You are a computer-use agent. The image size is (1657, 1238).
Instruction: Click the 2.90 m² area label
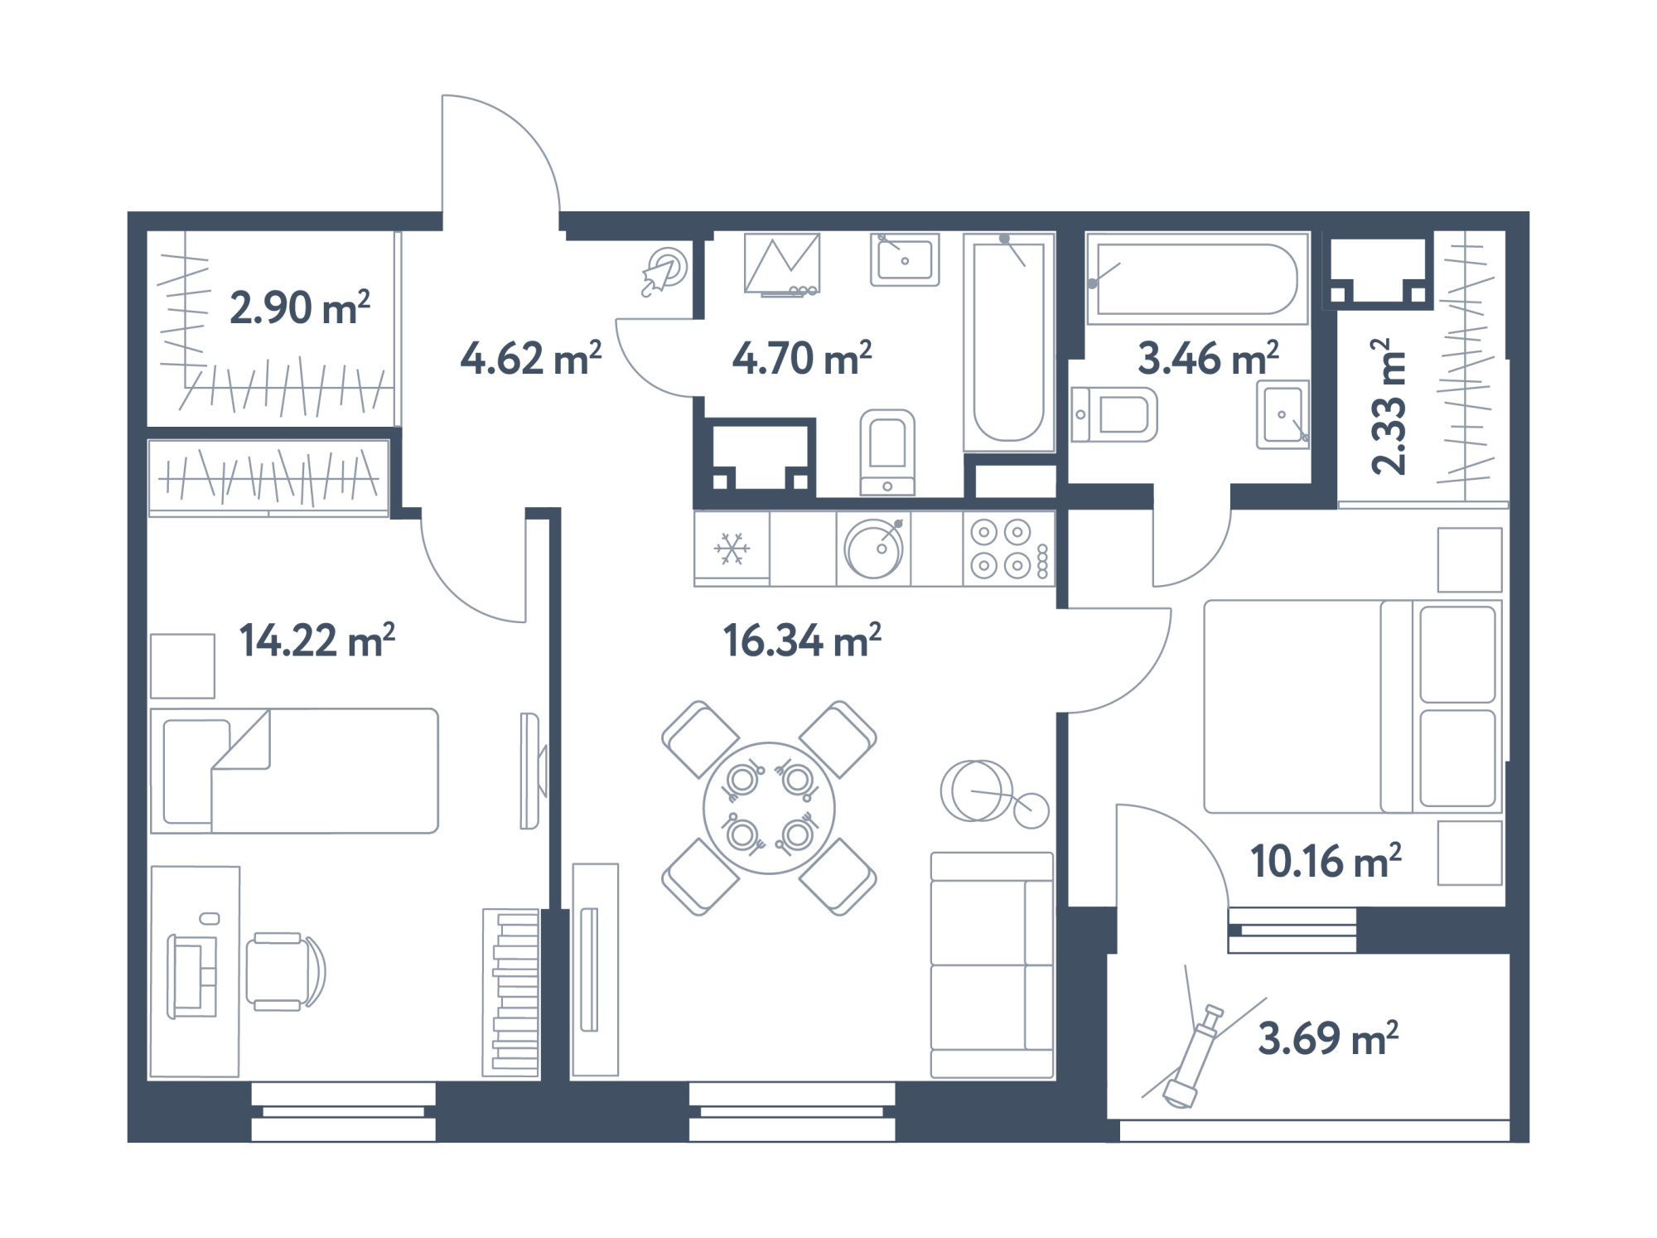click(300, 307)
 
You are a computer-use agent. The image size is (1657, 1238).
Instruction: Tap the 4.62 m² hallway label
click(531, 359)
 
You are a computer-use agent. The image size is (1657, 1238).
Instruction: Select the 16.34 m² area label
click(802, 641)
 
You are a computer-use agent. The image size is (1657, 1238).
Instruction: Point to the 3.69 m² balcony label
click(1328, 1038)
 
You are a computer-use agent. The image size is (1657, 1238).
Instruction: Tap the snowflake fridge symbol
click(732, 549)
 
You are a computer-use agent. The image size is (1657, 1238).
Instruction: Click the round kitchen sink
click(874, 548)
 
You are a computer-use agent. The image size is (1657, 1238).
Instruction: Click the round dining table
click(769, 808)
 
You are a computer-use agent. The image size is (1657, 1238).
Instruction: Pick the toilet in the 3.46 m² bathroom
click(1114, 413)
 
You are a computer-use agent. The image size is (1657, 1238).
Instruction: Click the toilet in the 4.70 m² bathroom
click(887, 452)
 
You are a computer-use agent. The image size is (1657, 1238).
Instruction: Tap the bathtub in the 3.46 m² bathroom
click(1197, 278)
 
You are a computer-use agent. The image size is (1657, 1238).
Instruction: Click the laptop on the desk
click(192, 976)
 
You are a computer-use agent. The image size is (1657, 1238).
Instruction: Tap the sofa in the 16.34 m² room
click(992, 965)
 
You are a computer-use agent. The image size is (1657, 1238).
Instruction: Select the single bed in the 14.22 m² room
click(294, 771)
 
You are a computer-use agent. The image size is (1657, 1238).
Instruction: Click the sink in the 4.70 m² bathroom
click(905, 259)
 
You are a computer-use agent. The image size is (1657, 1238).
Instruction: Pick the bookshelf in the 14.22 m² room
click(511, 993)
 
